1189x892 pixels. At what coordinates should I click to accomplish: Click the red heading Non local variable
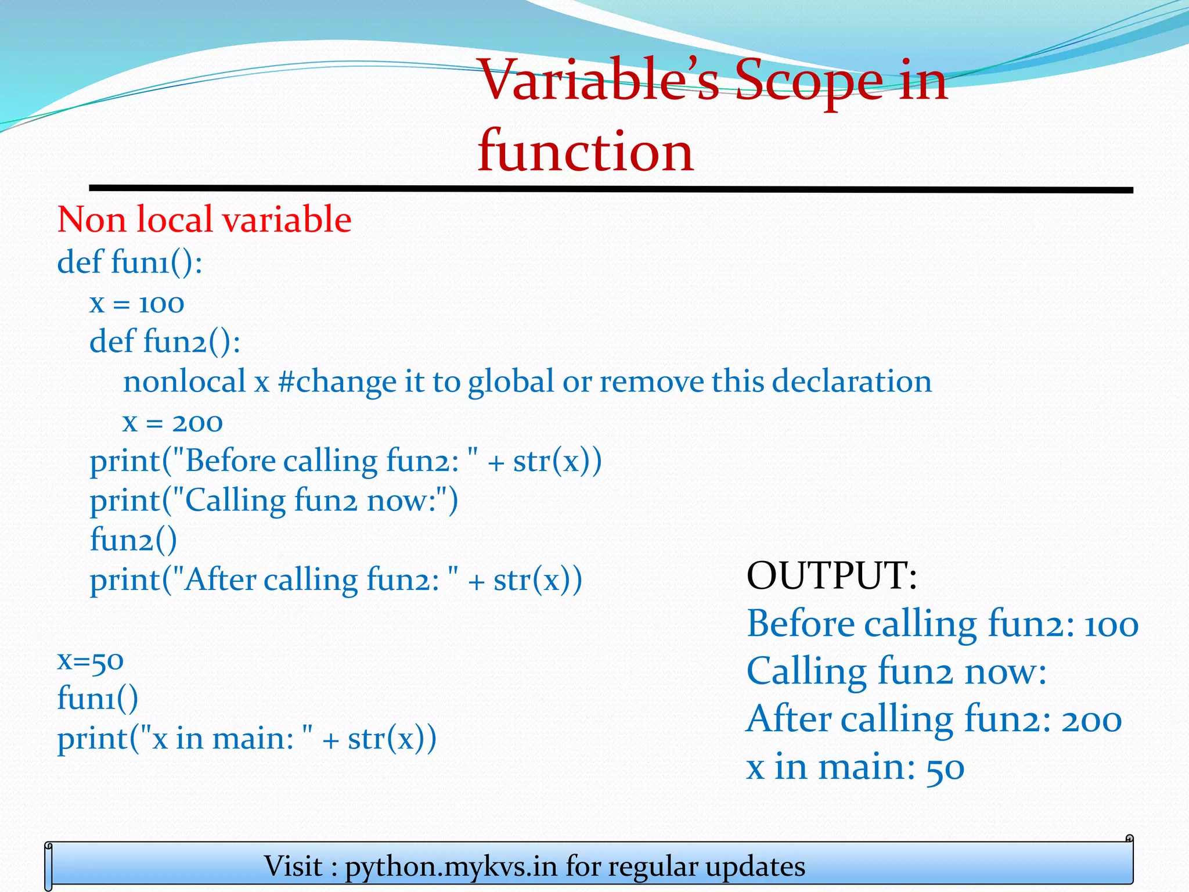(204, 220)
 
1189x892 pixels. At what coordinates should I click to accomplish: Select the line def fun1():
(129, 262)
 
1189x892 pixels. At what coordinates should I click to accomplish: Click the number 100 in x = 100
(161, 304)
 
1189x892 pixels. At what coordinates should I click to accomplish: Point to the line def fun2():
(165, 341)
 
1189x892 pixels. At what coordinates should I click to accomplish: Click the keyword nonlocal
(185, 382)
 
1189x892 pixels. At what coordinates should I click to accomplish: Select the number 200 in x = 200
(197, 422)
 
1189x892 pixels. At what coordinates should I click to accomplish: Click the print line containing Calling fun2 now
(273, 501)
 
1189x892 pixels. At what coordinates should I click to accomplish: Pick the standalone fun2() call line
(133, 540)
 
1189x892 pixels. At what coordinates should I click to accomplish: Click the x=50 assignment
(90, 660)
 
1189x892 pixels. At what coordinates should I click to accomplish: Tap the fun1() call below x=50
(98, 699)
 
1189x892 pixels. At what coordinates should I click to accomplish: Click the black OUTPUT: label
(831, 576)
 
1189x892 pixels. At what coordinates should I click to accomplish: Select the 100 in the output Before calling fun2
(1111, 625)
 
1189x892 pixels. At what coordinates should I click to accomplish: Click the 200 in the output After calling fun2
(1091, 721)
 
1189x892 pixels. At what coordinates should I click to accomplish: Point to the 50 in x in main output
(945, 768)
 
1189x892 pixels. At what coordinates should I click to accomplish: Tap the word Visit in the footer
(293, 866)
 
